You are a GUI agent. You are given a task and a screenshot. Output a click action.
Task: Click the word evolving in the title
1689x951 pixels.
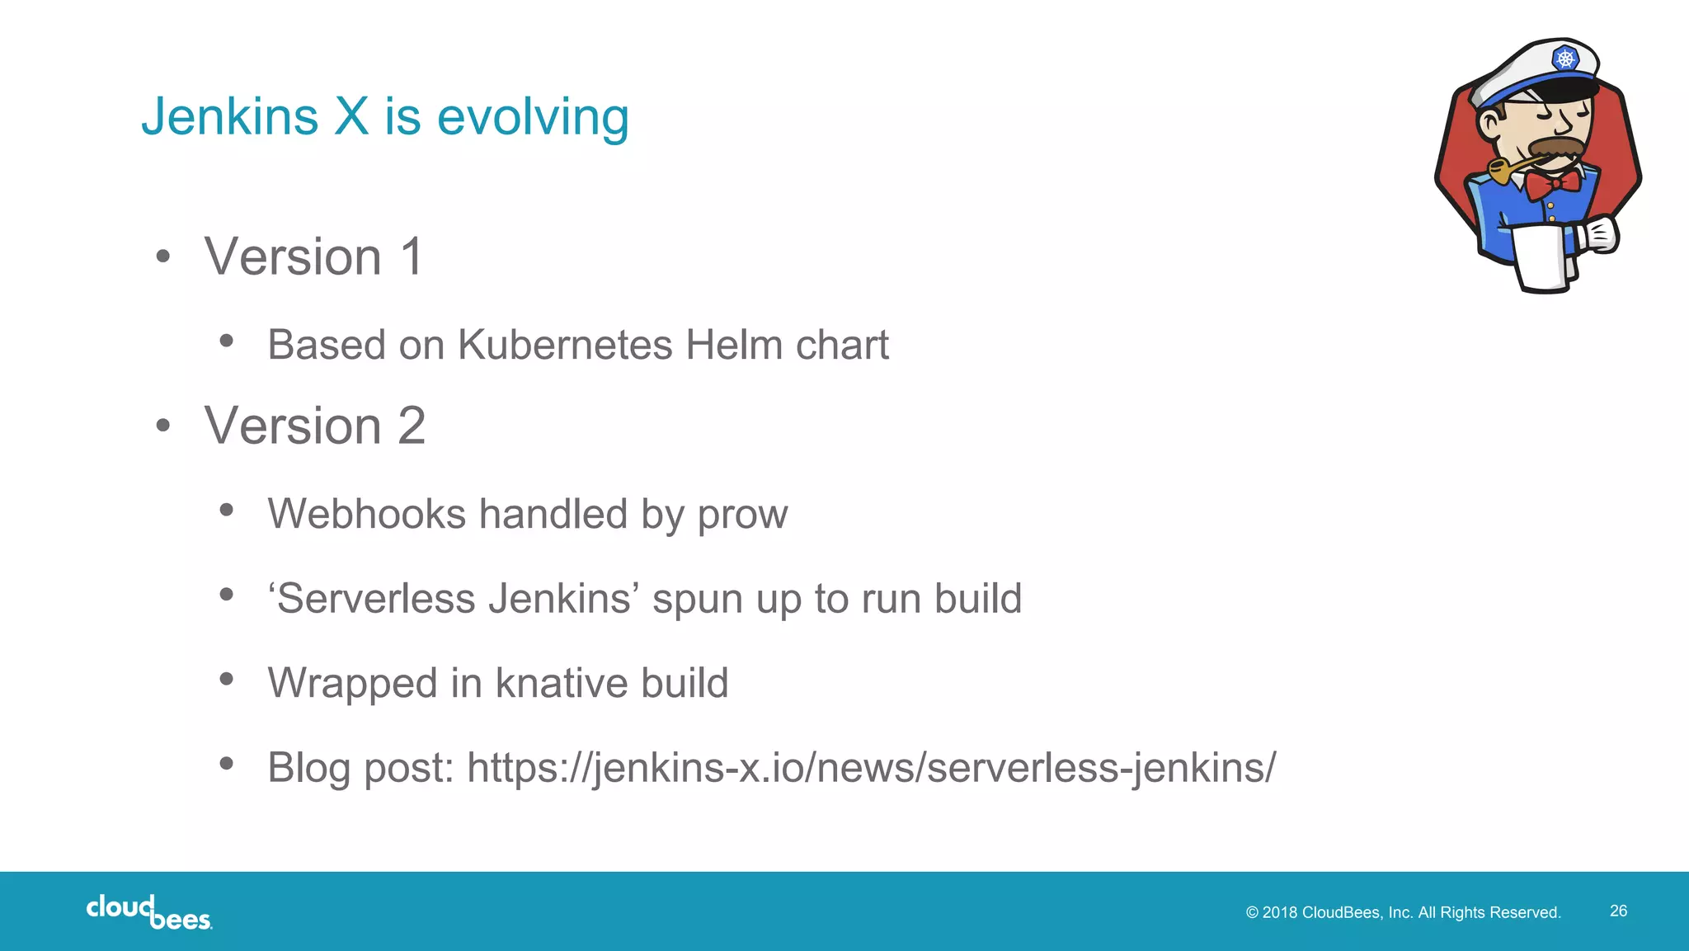point(533,117)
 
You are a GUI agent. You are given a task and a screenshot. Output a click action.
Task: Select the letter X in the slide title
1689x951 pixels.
point(351,116)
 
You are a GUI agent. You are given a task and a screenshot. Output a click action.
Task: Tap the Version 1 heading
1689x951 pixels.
point(314,257)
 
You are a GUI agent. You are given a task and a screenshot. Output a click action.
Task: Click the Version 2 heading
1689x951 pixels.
point(315,426)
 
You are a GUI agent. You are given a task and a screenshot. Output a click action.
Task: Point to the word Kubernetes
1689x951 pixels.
point(565,345)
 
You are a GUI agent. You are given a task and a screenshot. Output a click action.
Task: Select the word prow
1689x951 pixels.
point(742,515)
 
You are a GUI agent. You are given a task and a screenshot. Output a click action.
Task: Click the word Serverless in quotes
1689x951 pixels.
point(376,598)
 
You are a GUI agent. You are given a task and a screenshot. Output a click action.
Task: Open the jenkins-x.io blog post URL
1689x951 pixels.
point(871,768)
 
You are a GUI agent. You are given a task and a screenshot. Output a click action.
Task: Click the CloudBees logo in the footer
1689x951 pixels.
point(148,911)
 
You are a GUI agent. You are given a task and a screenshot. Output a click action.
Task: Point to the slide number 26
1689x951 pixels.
point(1618,911)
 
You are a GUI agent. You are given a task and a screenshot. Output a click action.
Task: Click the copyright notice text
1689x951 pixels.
point(1403,912)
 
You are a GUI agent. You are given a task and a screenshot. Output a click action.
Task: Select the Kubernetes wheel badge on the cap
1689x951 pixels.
point(1564,59)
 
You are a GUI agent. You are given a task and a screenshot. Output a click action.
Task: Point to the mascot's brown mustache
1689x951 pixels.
point(1555,148)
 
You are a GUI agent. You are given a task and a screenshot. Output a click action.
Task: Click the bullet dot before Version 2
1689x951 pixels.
point(163,426)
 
